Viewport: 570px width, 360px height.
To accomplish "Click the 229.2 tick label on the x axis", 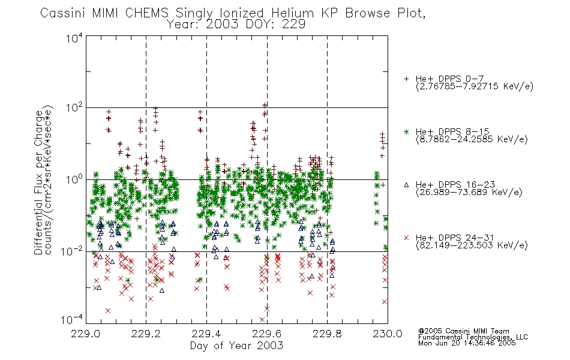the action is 146,334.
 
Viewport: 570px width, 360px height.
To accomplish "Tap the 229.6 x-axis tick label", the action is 266,334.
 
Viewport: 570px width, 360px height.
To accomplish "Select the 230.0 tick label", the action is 388,334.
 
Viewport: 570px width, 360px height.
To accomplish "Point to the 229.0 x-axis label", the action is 86,334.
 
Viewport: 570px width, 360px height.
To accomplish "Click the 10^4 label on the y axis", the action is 74,38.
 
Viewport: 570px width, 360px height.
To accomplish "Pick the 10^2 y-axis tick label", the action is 74,108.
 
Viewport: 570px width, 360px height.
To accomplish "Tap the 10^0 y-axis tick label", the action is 74,179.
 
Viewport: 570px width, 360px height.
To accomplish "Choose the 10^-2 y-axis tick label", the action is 72,251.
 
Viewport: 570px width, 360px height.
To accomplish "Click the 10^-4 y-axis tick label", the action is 72,320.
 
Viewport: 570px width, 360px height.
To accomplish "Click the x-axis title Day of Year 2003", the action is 236,346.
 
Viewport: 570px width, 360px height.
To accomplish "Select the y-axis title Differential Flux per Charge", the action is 38,182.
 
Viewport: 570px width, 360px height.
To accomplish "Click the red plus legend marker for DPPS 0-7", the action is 407,79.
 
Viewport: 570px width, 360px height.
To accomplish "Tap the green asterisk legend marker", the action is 407,131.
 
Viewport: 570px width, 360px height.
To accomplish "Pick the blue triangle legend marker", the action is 407,185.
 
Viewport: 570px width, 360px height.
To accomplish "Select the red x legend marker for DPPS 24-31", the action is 407,238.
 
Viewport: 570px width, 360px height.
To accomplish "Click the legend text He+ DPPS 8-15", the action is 452,131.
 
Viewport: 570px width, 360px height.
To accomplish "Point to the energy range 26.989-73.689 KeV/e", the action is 469,193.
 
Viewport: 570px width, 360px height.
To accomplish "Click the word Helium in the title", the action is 292,13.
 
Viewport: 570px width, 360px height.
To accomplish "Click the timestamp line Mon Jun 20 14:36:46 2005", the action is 467,343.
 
